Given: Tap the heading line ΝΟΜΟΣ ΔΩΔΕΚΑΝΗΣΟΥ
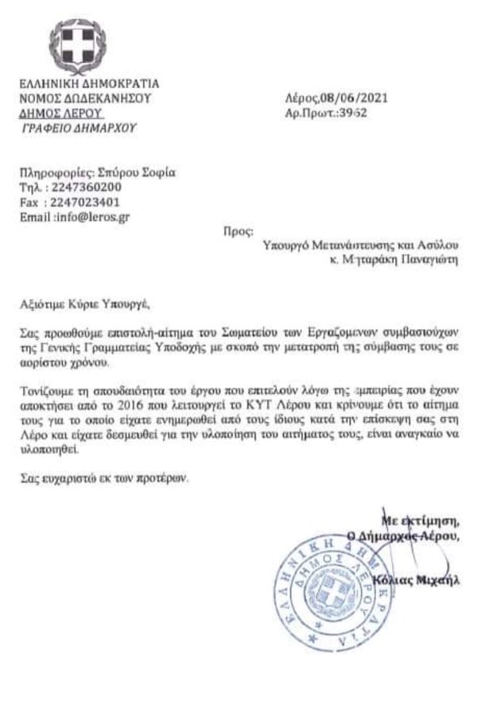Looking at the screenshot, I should (x=84, y=100).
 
